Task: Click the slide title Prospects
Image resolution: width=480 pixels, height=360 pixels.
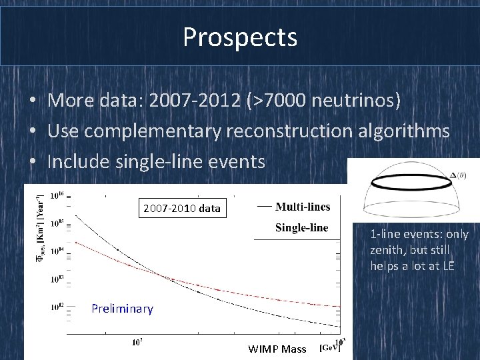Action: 240,37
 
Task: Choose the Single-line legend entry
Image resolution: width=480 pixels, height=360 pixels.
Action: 302,227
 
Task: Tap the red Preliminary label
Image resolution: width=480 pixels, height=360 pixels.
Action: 122,309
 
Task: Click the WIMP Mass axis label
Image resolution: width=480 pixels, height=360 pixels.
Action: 277,349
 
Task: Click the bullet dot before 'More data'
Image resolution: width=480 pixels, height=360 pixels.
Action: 32,102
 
